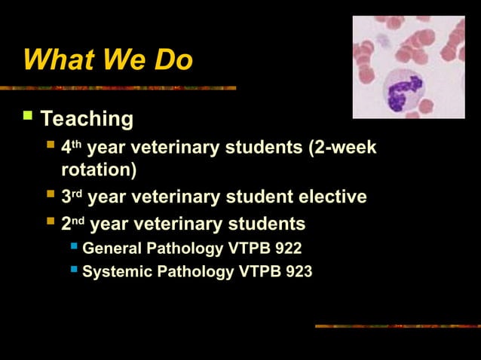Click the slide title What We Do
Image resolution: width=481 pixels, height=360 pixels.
click(108, 59)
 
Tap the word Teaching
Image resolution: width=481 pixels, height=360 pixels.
click(87, 119)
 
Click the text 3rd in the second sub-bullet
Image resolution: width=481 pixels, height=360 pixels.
click(71, 197)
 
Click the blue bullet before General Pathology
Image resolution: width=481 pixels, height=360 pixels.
click(74, 246)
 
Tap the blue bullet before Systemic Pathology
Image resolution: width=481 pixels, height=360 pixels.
click(74, 270)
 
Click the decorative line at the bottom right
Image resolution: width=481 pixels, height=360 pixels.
click(397, 326)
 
